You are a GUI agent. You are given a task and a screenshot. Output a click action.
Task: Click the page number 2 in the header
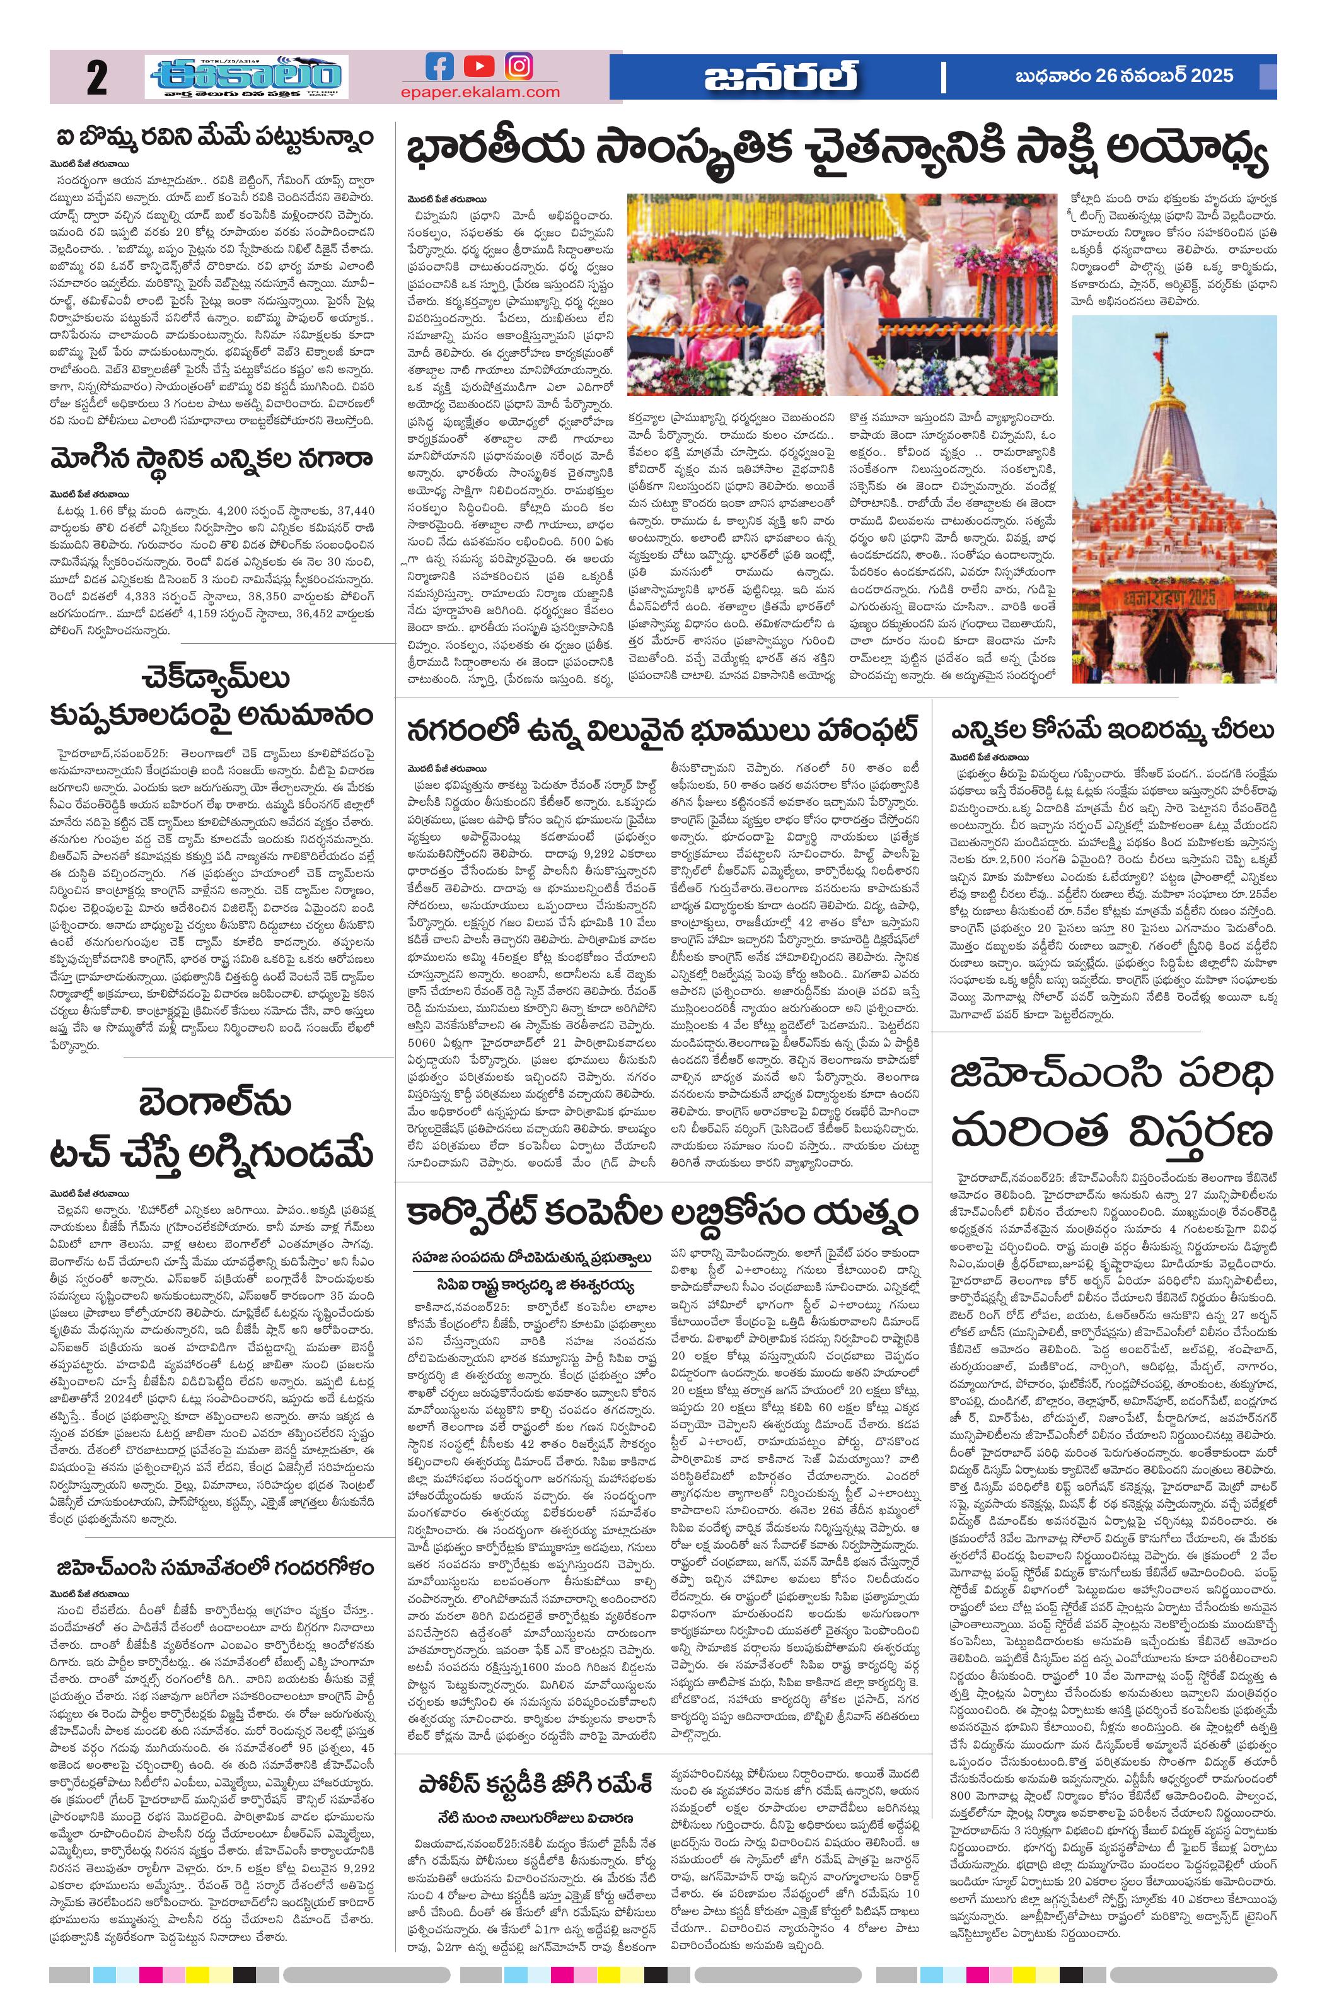(x=96, y=79)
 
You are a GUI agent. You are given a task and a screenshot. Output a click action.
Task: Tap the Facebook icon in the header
(x=439, y=66)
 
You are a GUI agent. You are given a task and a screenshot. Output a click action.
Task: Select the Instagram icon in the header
(x=519, y=66)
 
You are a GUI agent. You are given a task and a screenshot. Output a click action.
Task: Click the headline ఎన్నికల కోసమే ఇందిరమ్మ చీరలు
(x=1112, y=730)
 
